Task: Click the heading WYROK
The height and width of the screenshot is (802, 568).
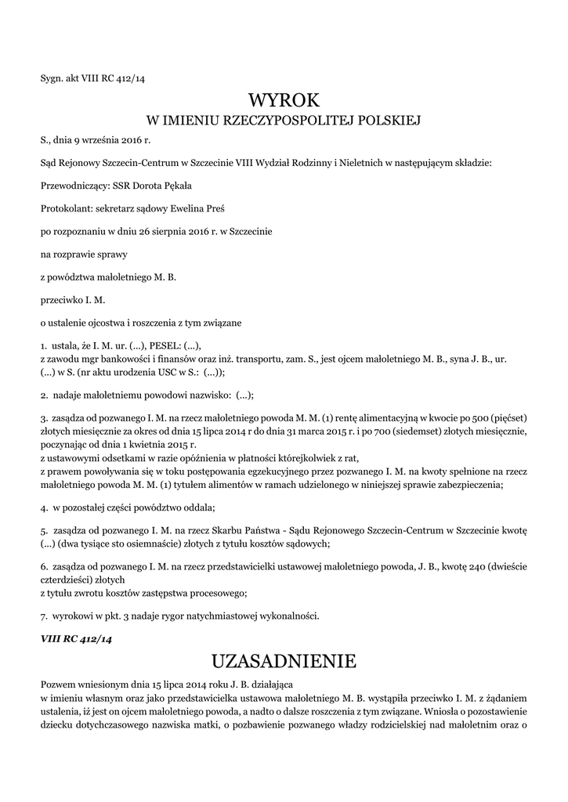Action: pyautogui.click(x=284, y=100)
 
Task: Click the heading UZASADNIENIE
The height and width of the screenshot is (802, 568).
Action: pyautogui.click(x=284, y=662)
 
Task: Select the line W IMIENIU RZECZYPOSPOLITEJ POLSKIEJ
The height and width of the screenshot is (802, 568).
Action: pyautogui.click(x=284, y=121)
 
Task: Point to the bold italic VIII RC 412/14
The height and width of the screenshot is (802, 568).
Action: pyautogui.click(x=77, y=638)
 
